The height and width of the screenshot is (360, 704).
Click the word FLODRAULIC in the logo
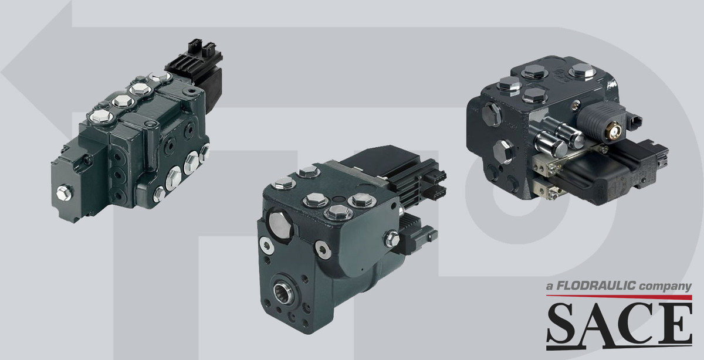pyautogui.click(x=596, y=286)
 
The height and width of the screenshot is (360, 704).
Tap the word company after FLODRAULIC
pyautogui.click(x=665, y=287)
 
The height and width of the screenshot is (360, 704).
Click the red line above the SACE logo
pyautogui.click(x=619, y=297)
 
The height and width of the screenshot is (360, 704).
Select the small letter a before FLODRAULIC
pyautogui.click(x=549, y=287)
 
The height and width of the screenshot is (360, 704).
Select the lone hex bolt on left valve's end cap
pyautogui.click(x=64, y=192)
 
